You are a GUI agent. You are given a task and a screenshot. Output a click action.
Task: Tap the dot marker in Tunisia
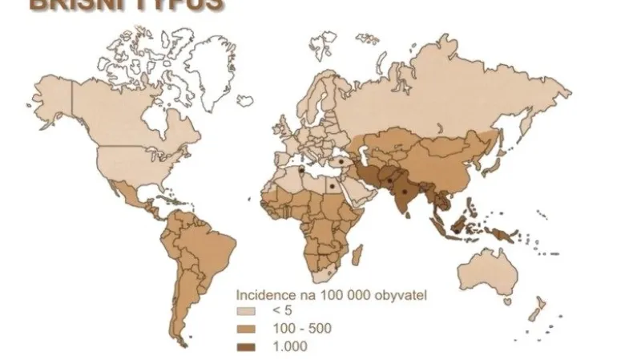300,171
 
